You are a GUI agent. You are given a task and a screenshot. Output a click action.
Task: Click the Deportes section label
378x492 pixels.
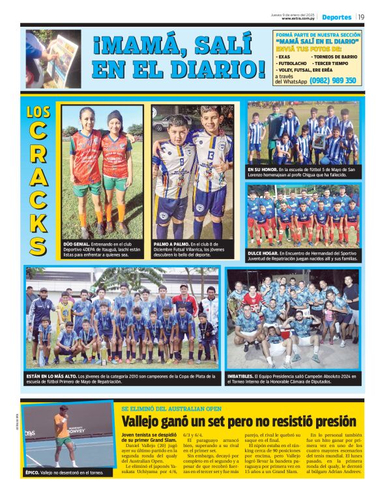point(336,17)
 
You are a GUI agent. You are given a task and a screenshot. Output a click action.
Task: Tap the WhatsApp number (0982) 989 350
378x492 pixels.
point(332,81)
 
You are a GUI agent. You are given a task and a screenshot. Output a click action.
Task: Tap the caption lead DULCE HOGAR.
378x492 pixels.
point(263,253)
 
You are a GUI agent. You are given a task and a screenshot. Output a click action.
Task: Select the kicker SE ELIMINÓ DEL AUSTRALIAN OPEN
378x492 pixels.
point(168,408)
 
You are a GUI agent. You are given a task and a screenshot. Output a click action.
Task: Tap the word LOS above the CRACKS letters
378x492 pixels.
point(38,112)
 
